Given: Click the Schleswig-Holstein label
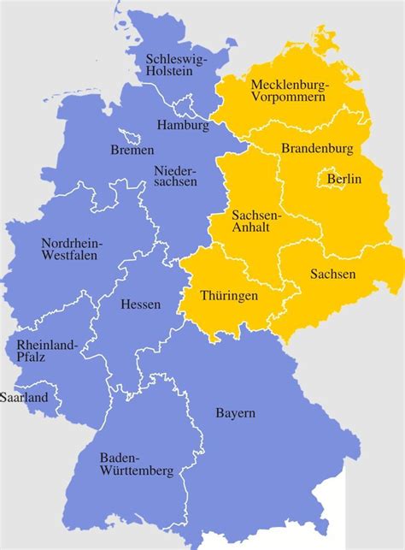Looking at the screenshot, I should coord(175,65).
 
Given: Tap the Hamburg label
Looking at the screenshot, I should coord(183,125).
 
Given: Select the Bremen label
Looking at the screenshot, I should coord(132,151).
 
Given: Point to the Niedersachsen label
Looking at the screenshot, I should coord(176,176).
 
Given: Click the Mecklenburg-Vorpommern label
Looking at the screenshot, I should coord(288,91).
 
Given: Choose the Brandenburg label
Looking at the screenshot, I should coord(317,148).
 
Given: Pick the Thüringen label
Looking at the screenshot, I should coord(228,295).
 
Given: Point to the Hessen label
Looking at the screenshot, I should coord(140,304).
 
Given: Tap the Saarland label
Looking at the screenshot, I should coord(24,398).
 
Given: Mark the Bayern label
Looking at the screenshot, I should coord(235,414).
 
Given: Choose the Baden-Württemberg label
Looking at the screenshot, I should coord(136,464).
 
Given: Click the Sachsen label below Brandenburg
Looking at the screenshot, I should coord(333,274).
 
